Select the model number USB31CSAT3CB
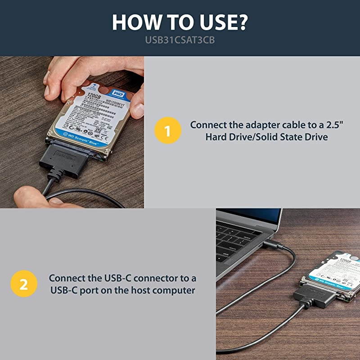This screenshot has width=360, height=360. point(180,40)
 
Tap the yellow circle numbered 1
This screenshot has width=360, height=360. point(168,131)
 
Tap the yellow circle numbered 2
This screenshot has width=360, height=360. point(23,284)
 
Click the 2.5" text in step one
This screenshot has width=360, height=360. point(337,125)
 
